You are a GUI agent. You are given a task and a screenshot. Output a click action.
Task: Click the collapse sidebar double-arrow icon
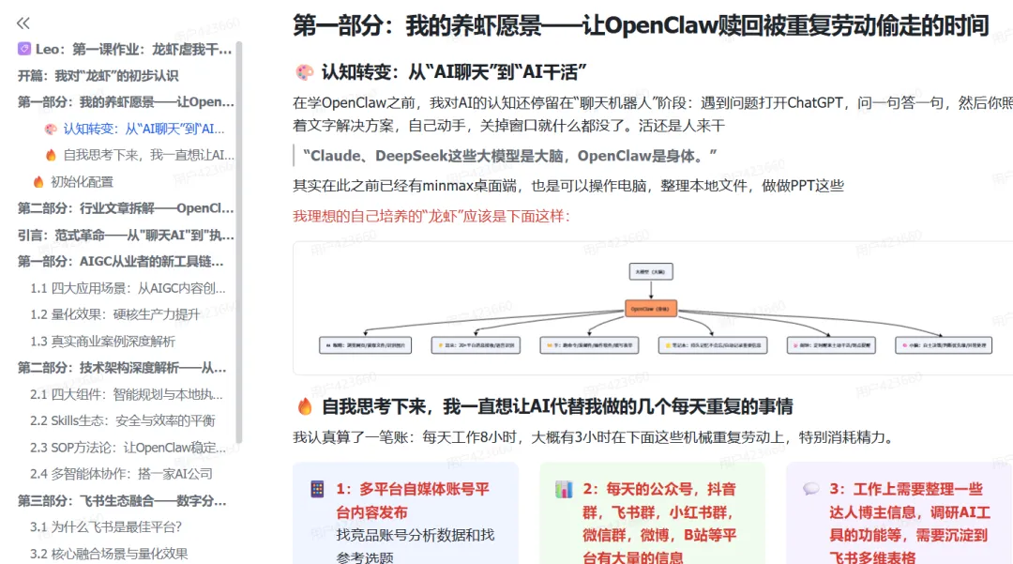click(23, 23)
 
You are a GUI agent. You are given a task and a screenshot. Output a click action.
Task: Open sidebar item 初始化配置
click(82, 181)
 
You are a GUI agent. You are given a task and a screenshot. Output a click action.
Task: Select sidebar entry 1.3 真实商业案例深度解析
click(102, 341)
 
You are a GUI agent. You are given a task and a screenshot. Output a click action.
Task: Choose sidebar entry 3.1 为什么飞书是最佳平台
click(105, 526)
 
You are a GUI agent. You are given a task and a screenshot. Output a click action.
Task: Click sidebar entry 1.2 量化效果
click(114, 314)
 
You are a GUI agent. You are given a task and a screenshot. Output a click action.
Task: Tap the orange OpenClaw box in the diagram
click(651, 307)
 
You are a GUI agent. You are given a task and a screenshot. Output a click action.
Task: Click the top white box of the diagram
click(651, 272)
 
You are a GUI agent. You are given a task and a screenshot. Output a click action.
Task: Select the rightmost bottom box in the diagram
click(943, 345)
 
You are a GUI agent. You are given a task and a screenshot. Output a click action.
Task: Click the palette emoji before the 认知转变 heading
click(304, 72)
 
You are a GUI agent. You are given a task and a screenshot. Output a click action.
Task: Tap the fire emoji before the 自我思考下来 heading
click(304, 406)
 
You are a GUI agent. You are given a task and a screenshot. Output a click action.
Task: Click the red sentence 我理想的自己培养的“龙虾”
click(431, 217)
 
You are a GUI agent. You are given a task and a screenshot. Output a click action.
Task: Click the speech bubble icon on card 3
click(811, 489)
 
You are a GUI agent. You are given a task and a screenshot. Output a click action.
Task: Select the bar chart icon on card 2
click(564, 489)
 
